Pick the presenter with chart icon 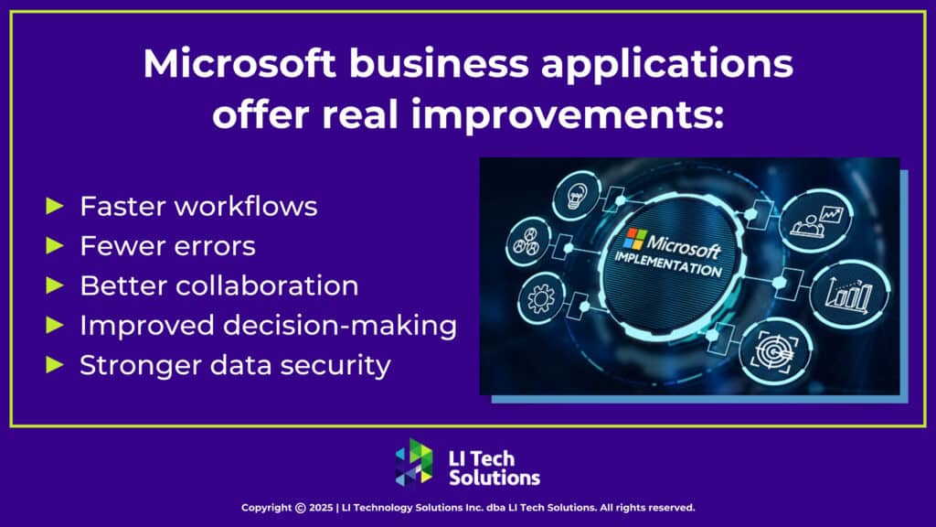pyautogui.click(x=816, y=220)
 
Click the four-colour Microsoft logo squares pyautogui.click(x=634, y=240)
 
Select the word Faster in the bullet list pyautogui.click(x=120, y=207)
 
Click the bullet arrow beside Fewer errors pyautogui.click(x=56, y=246)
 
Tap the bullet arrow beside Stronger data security pyautogui.click(x=56, y=365)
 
